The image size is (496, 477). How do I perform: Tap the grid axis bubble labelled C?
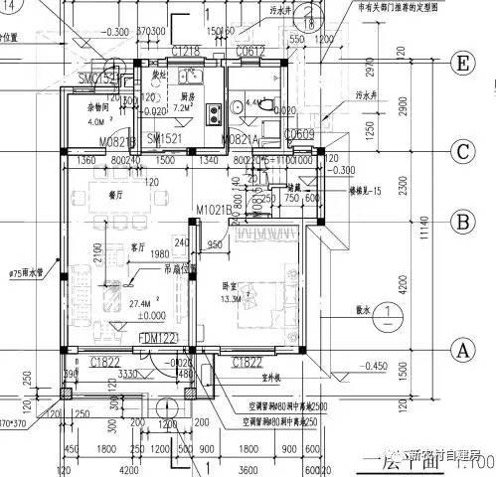[461, 152]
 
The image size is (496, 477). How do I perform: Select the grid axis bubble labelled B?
[461, 221]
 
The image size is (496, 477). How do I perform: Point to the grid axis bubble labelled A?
[461, 349]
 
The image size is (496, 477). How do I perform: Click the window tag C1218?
[186, 50]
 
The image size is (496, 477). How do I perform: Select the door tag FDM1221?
[158, 339]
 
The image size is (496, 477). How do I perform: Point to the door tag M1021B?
[213, 210]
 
